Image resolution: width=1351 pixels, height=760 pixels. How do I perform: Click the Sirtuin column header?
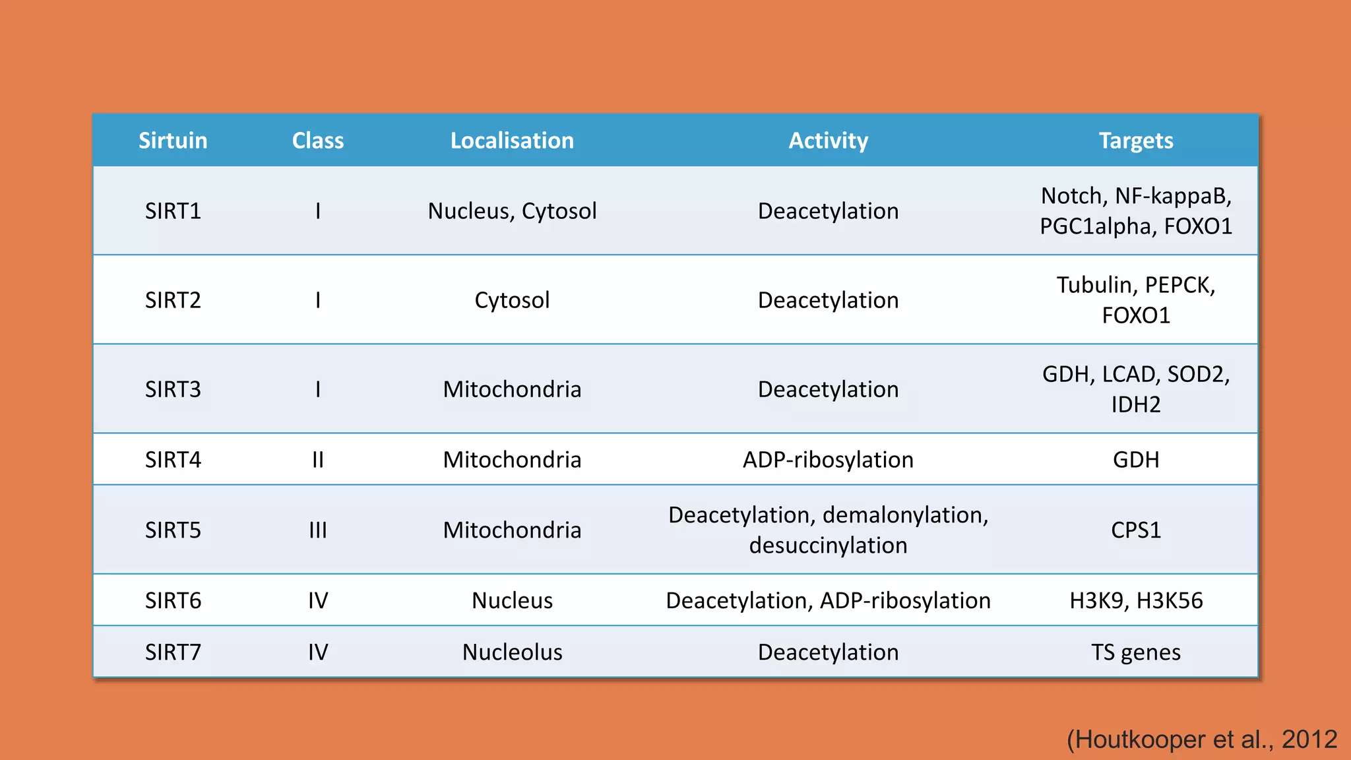point(173,141)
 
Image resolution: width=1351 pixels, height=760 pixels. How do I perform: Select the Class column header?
point(318,141)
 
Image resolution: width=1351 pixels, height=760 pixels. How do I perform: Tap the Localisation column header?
point(512,141)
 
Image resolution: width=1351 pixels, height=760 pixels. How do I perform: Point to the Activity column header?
point(828,141)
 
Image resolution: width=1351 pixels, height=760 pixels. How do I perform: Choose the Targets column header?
point(1135,141)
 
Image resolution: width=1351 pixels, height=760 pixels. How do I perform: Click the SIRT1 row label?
point(173,211)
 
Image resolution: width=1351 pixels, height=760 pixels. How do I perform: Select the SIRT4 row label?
point(173,460)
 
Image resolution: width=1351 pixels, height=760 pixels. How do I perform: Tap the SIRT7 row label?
point(173,652)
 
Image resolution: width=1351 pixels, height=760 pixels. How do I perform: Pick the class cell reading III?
point(318,530)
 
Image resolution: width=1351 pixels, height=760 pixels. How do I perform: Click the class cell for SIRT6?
point(318,601)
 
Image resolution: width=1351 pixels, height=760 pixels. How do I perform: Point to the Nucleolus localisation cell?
point(512,652)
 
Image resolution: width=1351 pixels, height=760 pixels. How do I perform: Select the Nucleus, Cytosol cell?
point(512,211)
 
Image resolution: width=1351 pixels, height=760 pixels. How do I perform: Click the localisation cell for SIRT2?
point(512,300)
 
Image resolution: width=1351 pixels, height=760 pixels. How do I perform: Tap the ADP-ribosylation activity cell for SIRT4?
point(828,460)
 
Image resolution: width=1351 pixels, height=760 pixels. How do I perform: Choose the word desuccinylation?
point(828,546)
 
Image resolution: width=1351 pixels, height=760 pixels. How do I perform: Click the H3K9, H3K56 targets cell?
point(1135,601)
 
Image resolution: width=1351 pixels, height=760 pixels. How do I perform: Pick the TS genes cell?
point(1135,652)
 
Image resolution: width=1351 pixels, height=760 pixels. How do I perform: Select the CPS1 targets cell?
point(1135,530)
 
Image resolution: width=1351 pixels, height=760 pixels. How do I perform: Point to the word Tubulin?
point(1096,285)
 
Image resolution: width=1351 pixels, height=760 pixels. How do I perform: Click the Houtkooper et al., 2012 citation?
point(1201,740)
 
